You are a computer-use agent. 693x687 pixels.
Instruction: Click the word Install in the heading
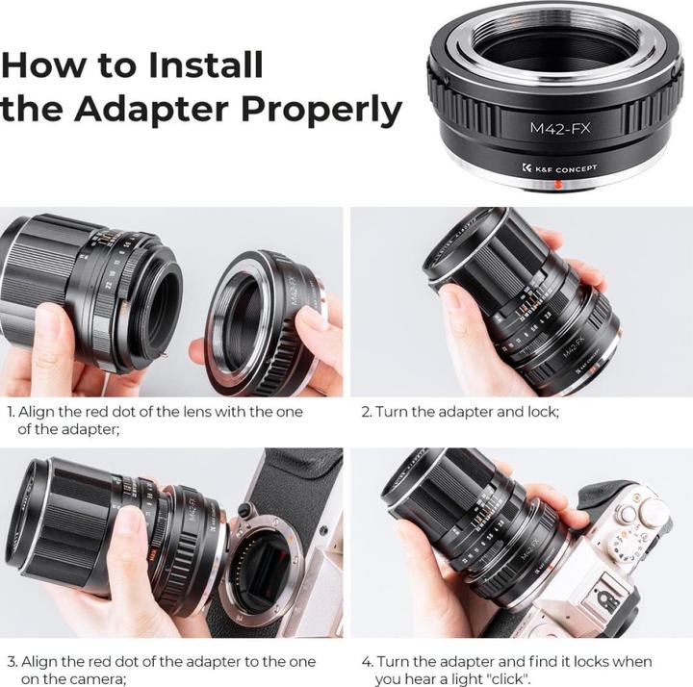click(206, 64)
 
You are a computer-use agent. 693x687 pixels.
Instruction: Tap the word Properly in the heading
click(321, 111)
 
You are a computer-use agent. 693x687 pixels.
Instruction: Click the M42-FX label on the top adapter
click(560, 129)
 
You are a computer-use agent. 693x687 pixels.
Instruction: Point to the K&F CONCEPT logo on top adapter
click(559, 168)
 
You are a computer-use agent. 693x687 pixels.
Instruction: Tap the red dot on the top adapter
click(558, 184)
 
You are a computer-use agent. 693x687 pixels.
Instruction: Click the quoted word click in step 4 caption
click(509, 678)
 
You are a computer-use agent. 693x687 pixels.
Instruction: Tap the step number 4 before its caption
click(367, 662)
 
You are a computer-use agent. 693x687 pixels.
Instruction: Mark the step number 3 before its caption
click(13, 662)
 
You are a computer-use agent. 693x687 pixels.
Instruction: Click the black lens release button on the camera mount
click(244, 510)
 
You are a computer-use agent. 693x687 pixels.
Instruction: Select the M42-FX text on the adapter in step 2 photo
click(573, 346)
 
